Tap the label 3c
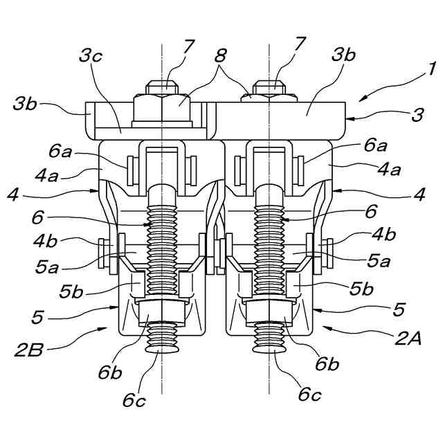coord(91,55)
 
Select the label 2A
coord(408,338)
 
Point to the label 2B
coord(29,350)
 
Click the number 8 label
coord(220,55)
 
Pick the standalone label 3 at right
coord(417,115)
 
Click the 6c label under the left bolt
coord(134,400)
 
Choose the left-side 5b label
coord(71,291)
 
